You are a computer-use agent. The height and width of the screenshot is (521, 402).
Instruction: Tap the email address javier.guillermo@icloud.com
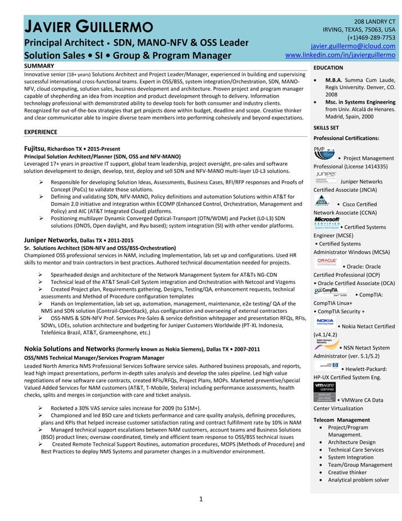pos(353,46)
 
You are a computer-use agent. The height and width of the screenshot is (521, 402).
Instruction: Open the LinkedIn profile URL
pos(340,56)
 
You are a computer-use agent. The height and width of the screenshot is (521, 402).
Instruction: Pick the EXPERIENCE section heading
pos(42,132)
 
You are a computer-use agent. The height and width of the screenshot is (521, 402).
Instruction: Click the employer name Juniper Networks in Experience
pos(50,240)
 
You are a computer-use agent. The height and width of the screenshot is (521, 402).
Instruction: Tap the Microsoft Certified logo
pos(326,221)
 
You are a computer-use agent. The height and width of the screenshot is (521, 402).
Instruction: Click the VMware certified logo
pos(324,392)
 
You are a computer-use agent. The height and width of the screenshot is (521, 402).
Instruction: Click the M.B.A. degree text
pos(334,81)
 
